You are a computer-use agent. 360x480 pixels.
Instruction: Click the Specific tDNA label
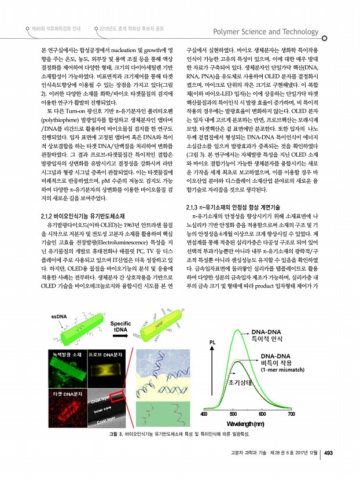[x=120, y=326]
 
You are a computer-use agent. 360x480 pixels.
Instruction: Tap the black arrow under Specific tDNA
[x=120, y=338]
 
